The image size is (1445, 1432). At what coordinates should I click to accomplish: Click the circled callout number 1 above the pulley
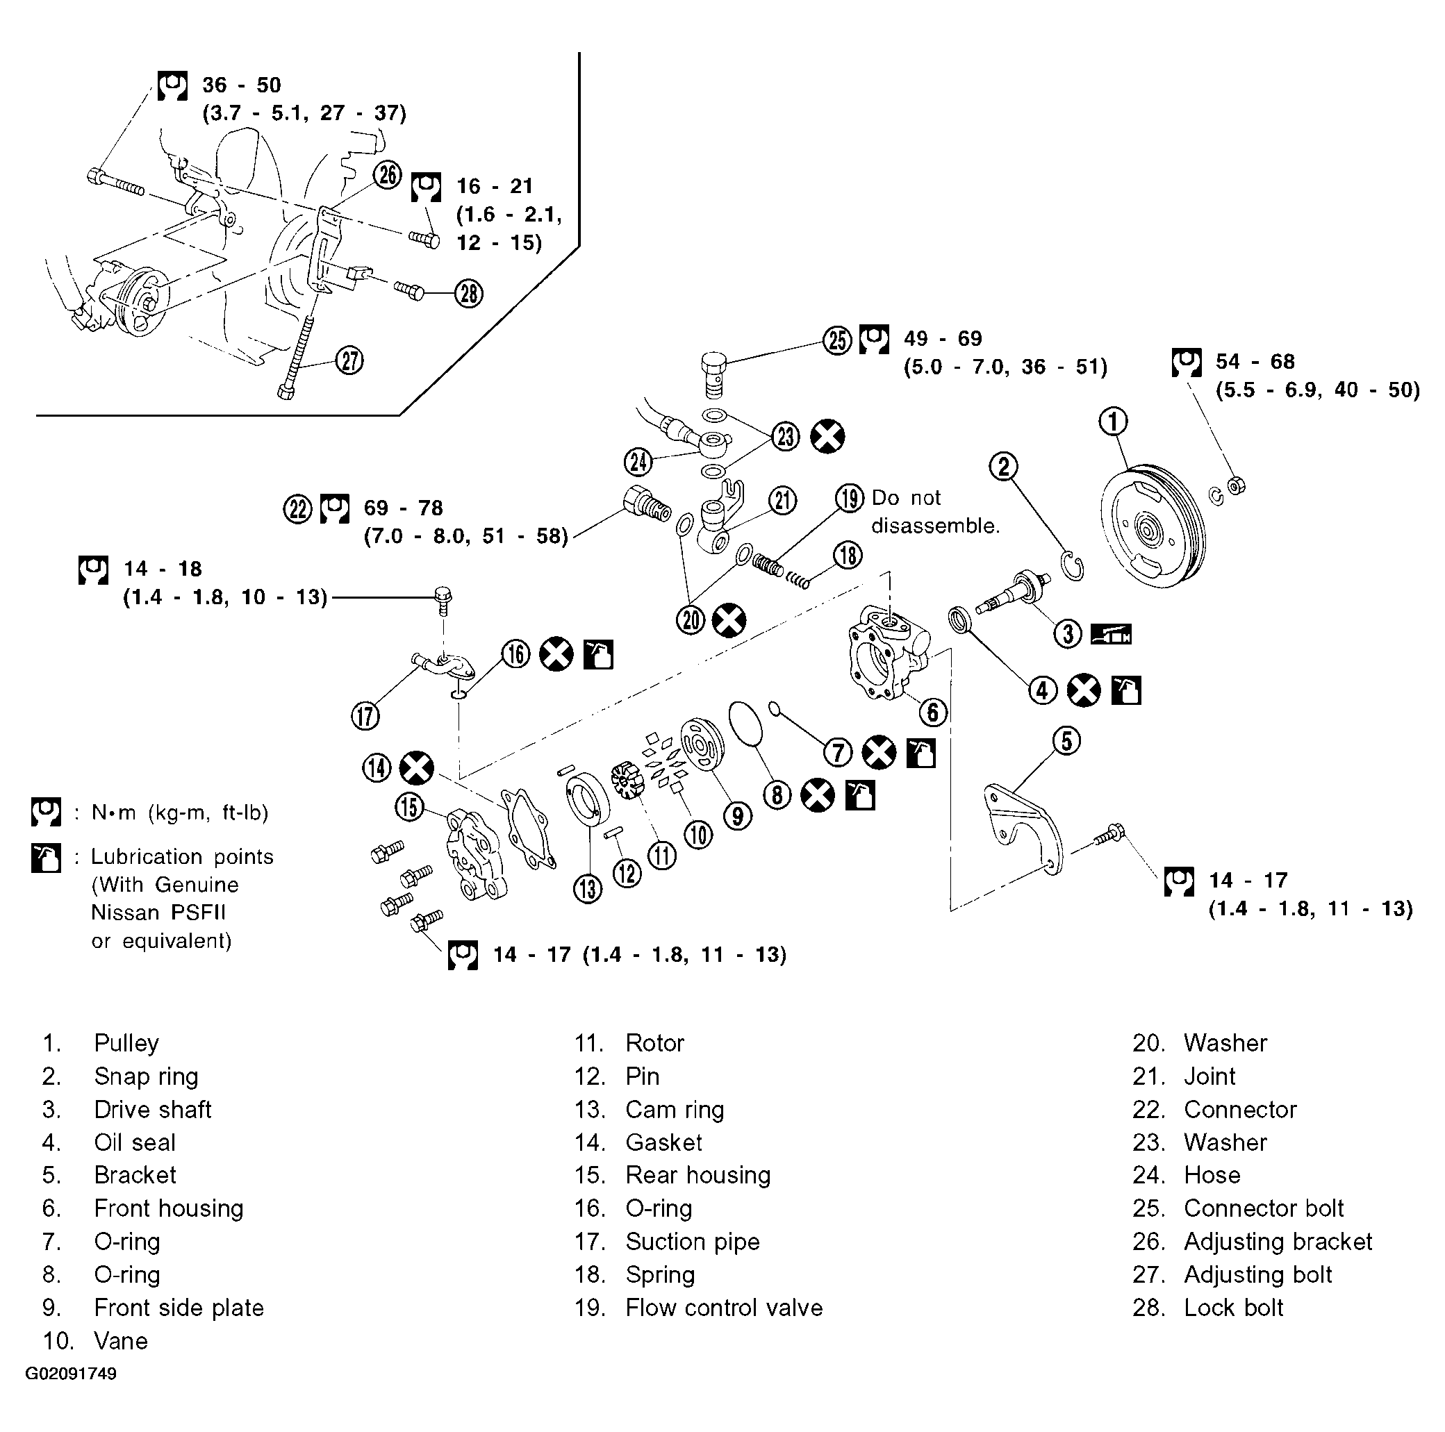(x=1112, y=422)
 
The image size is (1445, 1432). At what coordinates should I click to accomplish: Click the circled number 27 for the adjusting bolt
(x=349, y=360)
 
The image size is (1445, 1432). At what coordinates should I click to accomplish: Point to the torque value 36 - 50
(x=242, y=85)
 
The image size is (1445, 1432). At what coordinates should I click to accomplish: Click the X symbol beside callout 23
(x=828, y=436)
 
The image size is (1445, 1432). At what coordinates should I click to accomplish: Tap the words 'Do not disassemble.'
(x=935, y=513)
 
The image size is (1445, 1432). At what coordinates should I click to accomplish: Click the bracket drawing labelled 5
(x=1023, y=830)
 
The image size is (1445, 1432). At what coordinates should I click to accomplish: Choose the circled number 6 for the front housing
(x=933, y=712)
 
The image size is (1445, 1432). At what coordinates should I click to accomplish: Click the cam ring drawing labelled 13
(x=587, y=801)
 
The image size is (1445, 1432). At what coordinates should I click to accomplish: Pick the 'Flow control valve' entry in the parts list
(x=723, y=1308)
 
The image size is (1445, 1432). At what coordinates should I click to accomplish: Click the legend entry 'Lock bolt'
(x=1232, y=1308)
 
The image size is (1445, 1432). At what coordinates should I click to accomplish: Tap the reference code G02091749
(x=71, y=1374)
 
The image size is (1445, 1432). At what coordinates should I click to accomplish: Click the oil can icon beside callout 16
(x=598, y=654)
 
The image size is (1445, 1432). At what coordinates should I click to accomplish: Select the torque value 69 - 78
(x=403, y=508)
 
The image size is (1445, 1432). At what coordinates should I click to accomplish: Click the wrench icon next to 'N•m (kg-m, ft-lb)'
(x=46, y=812)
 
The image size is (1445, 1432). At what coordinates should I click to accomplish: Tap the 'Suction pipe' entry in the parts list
(x=692, y=1242)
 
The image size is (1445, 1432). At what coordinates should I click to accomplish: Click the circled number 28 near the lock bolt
(x=469, y=293)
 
